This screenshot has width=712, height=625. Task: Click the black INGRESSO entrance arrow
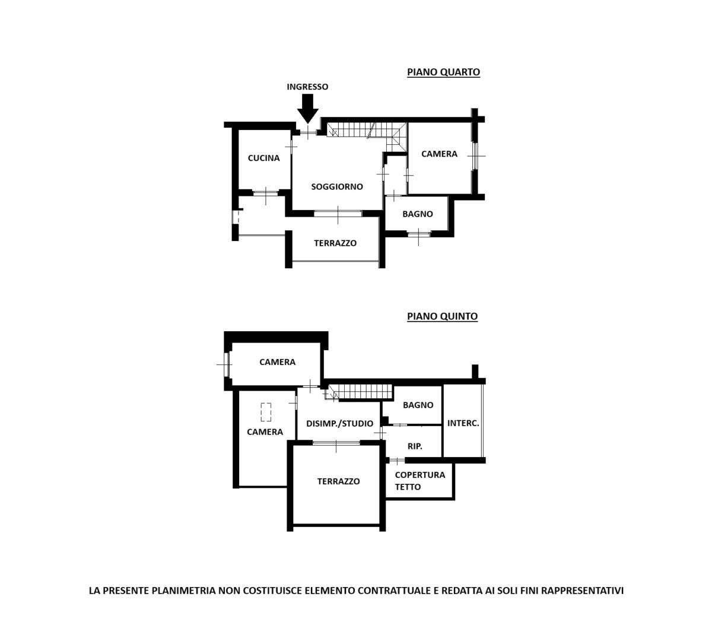coord(307,109)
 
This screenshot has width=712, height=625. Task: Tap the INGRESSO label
coord(307,87)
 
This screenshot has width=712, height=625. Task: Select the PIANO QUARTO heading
coord(443,72)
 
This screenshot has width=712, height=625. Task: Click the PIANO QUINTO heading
coord(442,316)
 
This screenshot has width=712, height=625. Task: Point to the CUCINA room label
coord(263,158)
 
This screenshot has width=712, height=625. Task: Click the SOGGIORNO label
coord(336,186)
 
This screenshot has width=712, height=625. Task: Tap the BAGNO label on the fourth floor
coord(418,214)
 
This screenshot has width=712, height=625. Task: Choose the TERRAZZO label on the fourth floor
coord(335,243)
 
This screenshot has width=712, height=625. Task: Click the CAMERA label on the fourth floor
coord(439,154)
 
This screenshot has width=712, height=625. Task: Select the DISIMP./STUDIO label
coord(339,423)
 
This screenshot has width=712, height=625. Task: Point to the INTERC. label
coord(463,423)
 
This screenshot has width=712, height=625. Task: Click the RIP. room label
coord(415,446)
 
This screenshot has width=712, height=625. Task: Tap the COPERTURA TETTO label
coord(419,481)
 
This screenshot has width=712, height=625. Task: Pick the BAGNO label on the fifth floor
coord(418,405)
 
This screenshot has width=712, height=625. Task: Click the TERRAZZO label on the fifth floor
coord(338,481)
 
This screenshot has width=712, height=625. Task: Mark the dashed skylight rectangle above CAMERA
coord(266,412)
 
